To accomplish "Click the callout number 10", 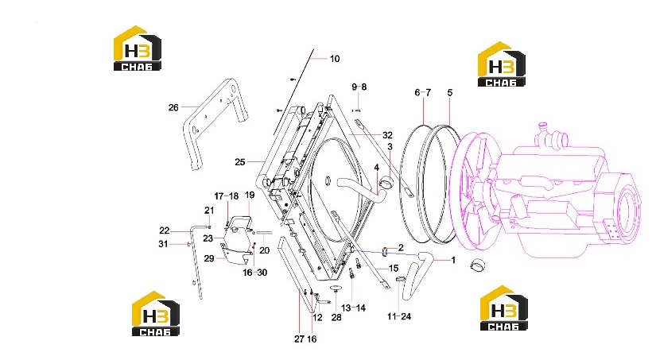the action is click(x=335, y=59).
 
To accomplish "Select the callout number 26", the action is click(x=173, y=107).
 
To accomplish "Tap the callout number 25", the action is click(x=239, y=162).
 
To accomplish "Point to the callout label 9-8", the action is click(x=359, y=87).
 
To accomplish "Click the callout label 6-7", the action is click(x=422, y=92).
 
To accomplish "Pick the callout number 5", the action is click(x=450, y=92).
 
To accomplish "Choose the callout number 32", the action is click(x=387, y=135).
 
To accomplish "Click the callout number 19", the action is click(x=250, y=195).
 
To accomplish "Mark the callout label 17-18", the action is click(x=227, y=196).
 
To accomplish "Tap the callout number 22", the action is click(x=165, y=230).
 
